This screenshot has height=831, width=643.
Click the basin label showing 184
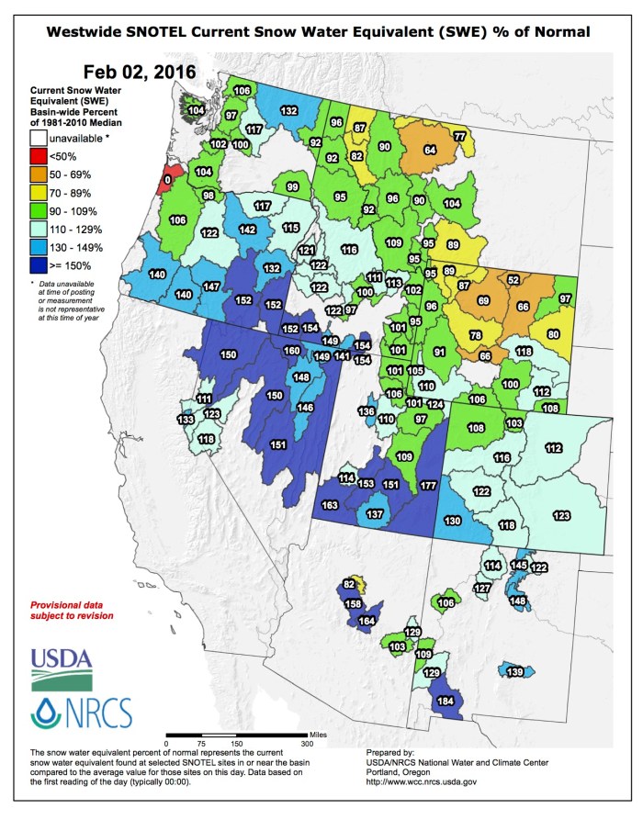[446, 702]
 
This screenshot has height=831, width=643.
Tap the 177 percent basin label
[427, 485]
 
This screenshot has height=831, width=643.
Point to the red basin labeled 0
[166, 178]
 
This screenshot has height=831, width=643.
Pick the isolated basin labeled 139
[515, 672]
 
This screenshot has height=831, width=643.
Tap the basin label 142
[247, 230]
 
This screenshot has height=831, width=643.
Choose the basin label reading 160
[291, 351]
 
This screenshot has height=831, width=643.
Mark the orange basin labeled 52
[513, 279]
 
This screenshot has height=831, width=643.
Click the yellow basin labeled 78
[475, 335]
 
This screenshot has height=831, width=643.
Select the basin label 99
[292, 187]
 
